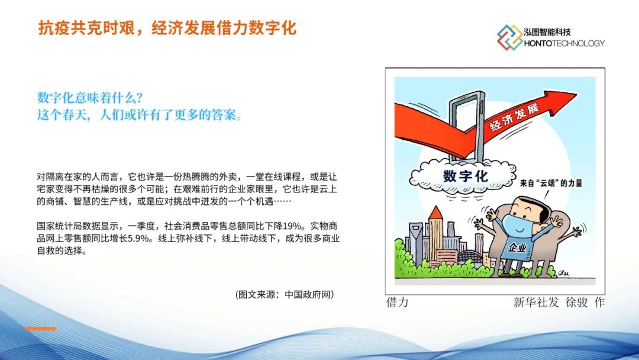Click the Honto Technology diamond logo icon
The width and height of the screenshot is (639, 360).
tap(509, 37)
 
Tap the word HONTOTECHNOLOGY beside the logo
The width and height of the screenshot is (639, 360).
tap(564, 43)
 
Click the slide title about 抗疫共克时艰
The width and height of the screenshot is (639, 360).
tap(167, 28)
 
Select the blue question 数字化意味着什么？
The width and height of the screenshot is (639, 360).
tap(90, 98)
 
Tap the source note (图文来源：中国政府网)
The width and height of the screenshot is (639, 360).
tap(285, 294)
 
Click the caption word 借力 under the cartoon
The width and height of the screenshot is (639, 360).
tap(398, 302)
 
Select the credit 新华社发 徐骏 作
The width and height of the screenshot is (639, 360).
tap(559, 302)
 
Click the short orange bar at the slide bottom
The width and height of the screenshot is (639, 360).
tap(40, 329)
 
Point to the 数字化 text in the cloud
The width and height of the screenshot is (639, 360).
tap(466, 176)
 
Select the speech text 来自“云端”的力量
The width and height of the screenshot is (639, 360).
tap(551, 183)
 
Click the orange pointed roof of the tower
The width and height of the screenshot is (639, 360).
tap(435, 213)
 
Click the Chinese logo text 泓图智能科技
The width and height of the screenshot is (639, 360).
tap(548, 32)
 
